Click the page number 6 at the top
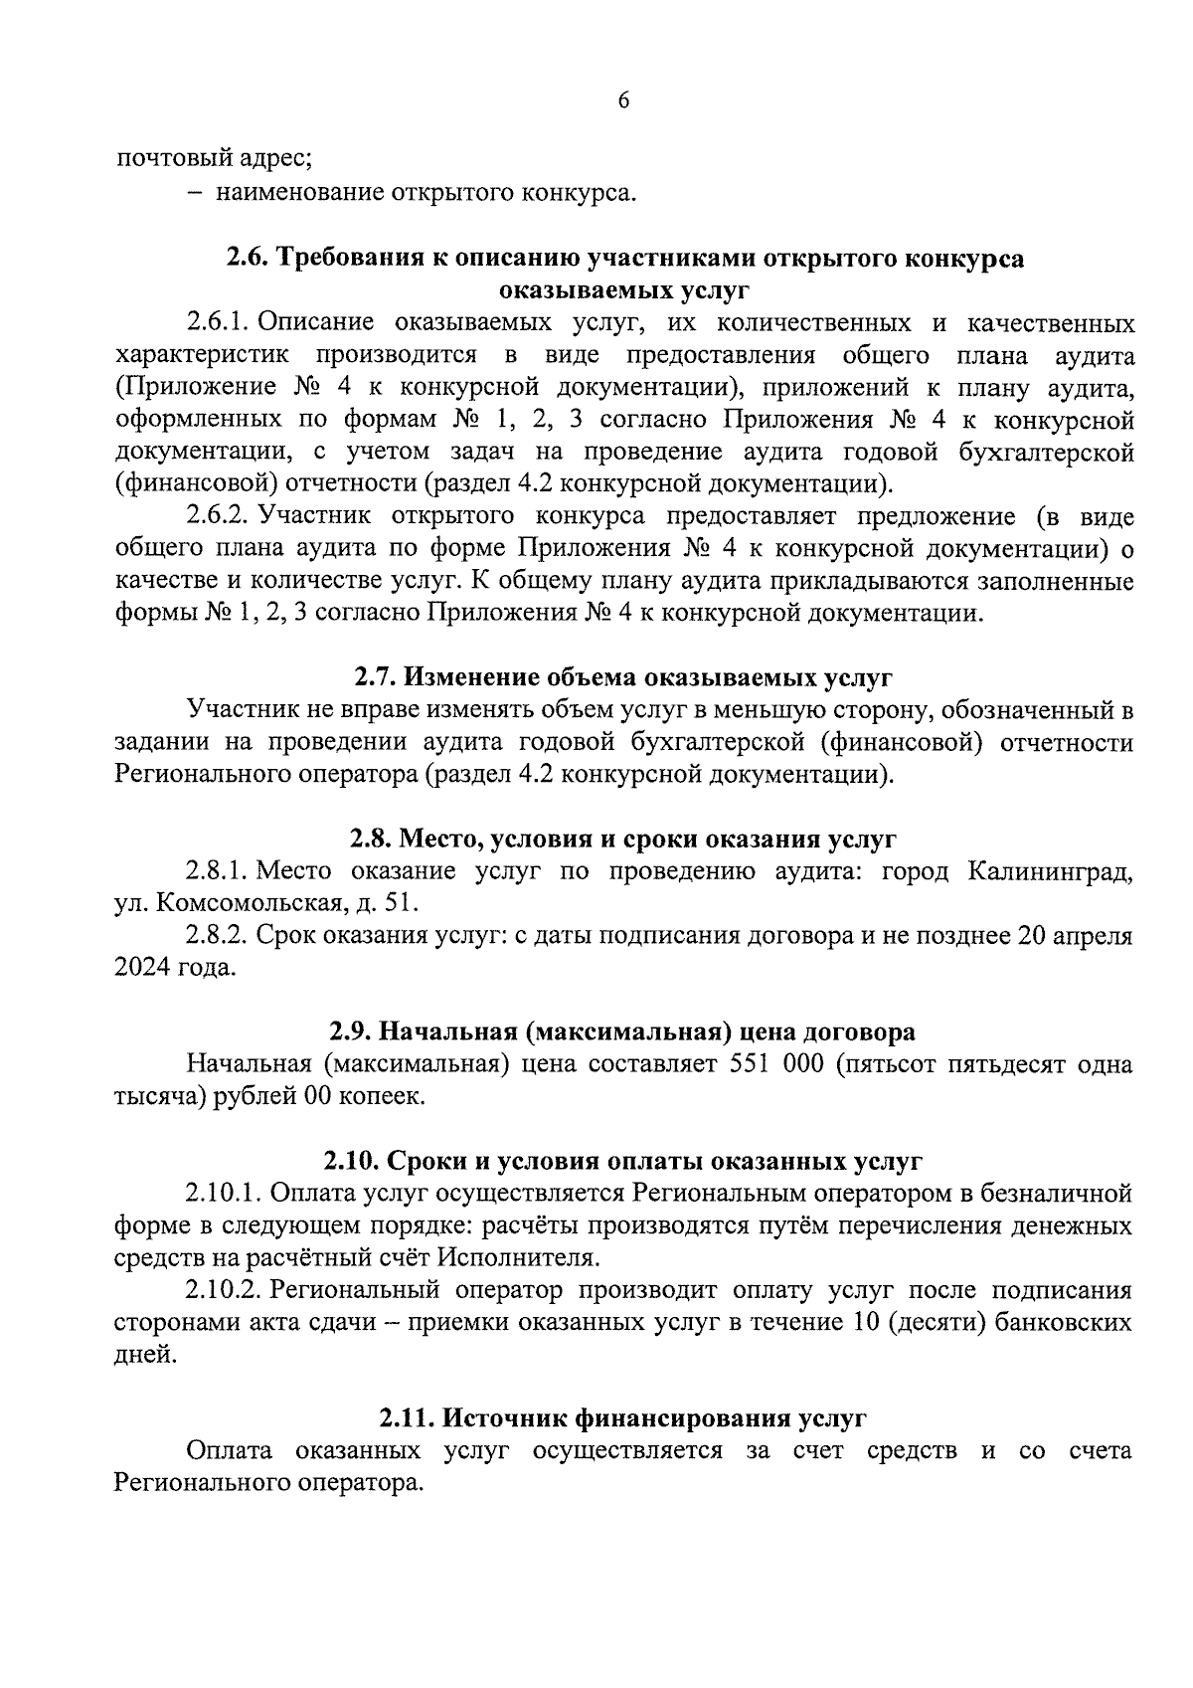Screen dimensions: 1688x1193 pyautogui.click(x=623, y=100)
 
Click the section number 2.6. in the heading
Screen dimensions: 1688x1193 pyautogui.click(x=248, y=258)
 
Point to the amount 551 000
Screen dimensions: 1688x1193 pyautogui.click(x=776, y=1063)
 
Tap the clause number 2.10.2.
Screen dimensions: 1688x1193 pyautogui.click(x=224, y=1290)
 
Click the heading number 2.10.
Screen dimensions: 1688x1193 pyautogui.click(x=352, y=1161)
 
